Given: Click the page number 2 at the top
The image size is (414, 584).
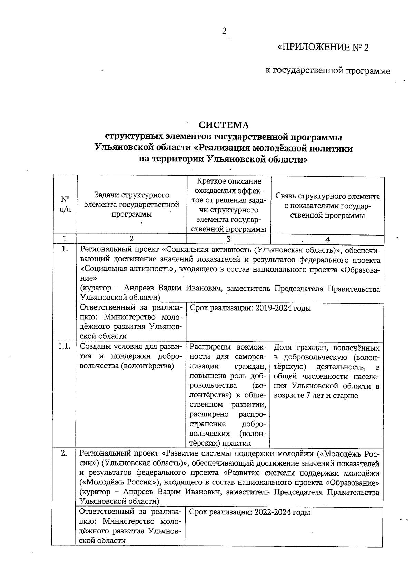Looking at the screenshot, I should tap(224, 32).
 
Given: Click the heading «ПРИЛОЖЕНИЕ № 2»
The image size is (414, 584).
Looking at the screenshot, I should tap(323, 47).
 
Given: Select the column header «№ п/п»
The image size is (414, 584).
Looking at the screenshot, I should tap(65, 204).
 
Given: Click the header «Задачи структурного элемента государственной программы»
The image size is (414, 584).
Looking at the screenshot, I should tap(132, 205).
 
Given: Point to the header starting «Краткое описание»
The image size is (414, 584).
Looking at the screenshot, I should tap(228, 205).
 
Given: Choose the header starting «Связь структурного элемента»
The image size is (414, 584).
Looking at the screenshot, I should tap(327, 206).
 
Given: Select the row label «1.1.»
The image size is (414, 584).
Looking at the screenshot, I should tap(65, 347).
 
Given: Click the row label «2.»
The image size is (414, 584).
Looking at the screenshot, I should tap(65, 453).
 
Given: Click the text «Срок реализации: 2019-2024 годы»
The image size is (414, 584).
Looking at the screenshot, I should tap(250, 308).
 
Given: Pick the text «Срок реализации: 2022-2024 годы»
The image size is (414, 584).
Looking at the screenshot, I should tap(250, 512).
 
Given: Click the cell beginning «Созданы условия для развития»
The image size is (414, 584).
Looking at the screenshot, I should tap(131, 356).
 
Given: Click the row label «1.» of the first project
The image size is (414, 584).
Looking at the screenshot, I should tap(65, 249).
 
